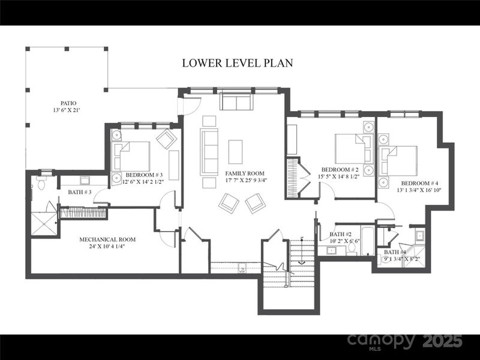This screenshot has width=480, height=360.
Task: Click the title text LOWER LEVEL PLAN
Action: [x=238, y=63]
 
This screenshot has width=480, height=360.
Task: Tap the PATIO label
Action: [x=68, y=103]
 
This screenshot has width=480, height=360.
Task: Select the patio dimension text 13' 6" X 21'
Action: [x=68, y=110]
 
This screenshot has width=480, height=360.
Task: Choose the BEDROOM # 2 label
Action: [x=340, y=170]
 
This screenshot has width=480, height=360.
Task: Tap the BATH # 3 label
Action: [x=79, y=192]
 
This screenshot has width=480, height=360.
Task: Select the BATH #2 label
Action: [x=340, y=234]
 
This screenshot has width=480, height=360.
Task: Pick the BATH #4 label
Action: [x=395, y=252]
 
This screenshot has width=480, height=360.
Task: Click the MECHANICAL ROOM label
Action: [x=107, y=239]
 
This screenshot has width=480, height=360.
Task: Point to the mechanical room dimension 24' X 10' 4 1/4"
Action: [x=107, y=247]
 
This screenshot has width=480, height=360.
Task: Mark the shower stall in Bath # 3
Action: [x=43, y=223]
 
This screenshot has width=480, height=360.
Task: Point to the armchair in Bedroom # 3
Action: [x=166, y=139]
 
